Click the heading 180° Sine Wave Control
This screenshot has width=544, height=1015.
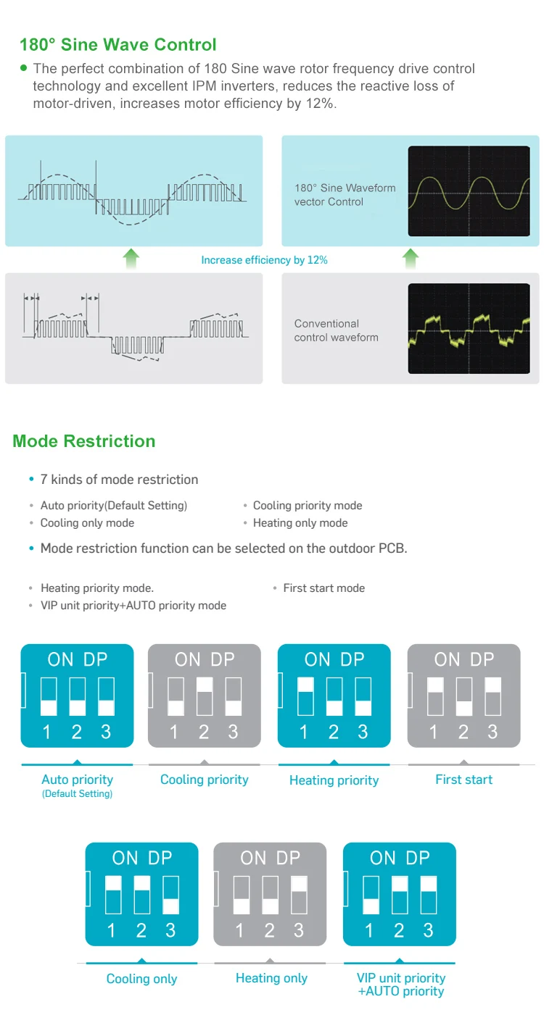tap(118, 45)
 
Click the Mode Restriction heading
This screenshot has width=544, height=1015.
tap(84, 441)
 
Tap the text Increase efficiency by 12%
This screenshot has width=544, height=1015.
tap(264, 260)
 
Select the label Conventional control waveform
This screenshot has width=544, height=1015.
tap(336, 330)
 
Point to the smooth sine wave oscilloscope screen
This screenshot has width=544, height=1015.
tap(469, 191)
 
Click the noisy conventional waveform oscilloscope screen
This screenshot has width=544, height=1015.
tap(469, 328)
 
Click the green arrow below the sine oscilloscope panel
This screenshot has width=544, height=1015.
tap(411, 257)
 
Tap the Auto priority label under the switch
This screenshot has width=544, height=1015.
tap(77, 780)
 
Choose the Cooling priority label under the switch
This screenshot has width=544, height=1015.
tap(204, 780)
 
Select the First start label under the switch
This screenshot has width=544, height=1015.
tap(463, 780)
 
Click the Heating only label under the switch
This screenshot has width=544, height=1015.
tap(271, 978)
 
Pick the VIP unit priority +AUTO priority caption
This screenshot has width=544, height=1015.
tap(400, 985)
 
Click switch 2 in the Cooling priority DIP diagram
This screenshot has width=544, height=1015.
tap(204, 696)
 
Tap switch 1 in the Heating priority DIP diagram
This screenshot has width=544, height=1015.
tap(305, 696)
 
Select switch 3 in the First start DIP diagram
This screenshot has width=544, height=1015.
tap(493, 696)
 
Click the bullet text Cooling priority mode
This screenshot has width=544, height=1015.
tap(307, 506)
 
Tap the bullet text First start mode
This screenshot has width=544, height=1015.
tap(323, 588)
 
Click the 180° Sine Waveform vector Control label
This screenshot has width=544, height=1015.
tap(345, 195)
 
